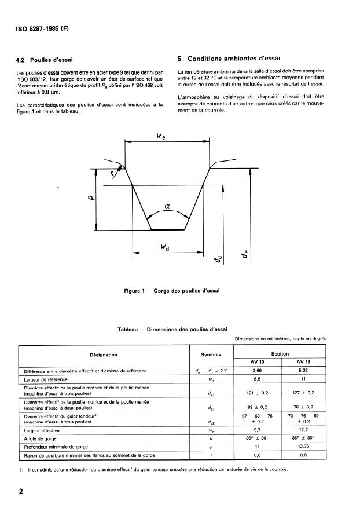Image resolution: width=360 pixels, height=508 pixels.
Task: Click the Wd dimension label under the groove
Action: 165,247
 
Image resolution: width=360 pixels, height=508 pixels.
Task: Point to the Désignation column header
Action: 104,354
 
